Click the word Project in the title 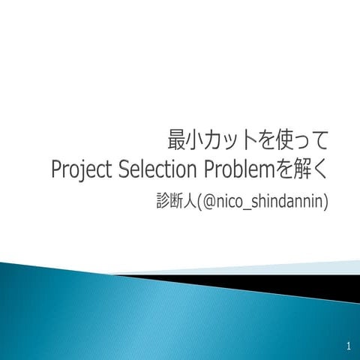click(83, 170)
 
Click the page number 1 click(349, 346)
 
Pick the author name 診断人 click(172, 200)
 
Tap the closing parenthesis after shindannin click(326, 200)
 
